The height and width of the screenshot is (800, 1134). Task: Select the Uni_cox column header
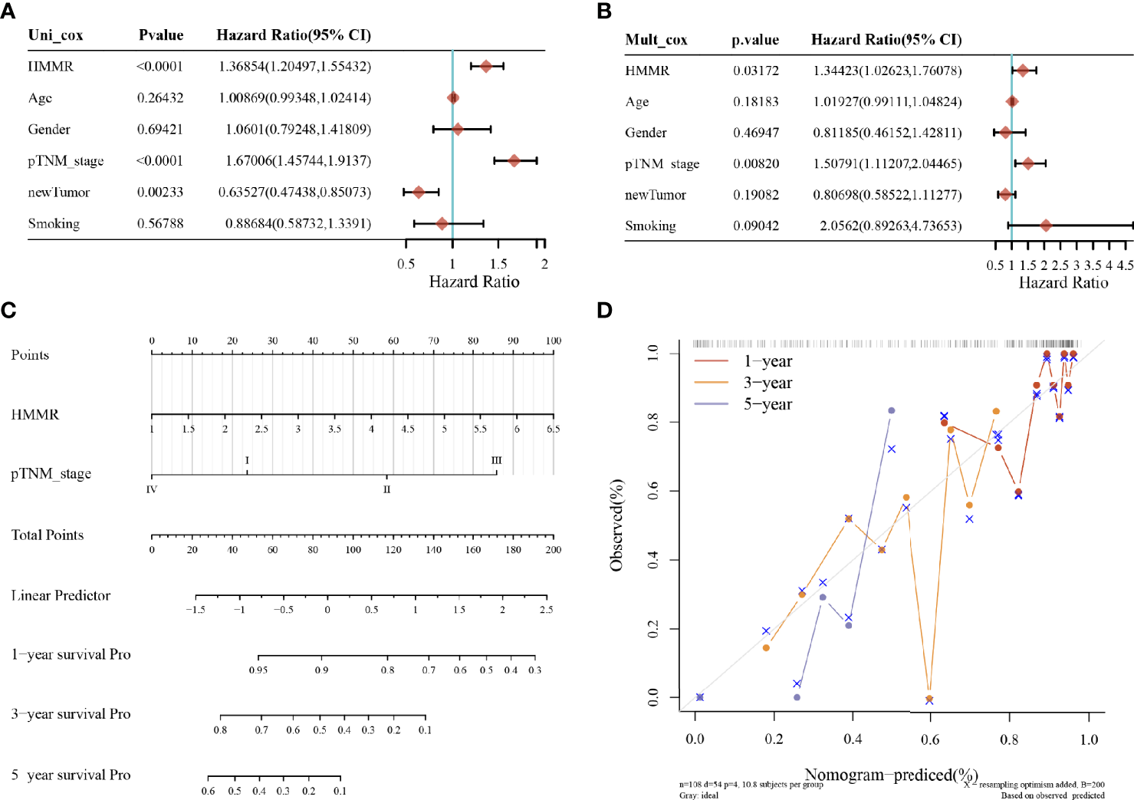tap(55, 35)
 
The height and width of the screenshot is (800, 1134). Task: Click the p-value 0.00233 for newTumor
tap(160, 193)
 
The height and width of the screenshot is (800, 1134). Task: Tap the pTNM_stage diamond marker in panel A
tap(514, 160)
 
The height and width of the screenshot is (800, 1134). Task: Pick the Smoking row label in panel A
tap(54, 224)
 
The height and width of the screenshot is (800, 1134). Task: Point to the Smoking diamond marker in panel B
tap(1046, 226)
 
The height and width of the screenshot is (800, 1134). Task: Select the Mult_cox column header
tap(656, 40)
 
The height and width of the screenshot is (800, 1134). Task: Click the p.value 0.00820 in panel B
tap(755, 164)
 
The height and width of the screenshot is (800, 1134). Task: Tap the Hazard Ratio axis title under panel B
tap(1063, 283)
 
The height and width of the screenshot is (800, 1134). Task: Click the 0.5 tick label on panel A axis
tap(406, 264)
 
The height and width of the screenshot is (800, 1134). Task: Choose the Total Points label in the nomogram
tap(48, 535)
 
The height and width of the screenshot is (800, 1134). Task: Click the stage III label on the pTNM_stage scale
tap(496, 460)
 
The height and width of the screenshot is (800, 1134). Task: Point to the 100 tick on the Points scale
tap(553, 341)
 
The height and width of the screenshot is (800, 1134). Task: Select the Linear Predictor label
tap(61, 596)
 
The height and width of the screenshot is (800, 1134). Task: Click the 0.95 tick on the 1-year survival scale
tap(258, 670)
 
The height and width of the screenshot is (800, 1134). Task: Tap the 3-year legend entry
tap(767, 383)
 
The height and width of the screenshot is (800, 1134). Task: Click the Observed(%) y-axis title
tap(616, 525)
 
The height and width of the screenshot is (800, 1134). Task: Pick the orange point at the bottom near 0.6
tap(929, 698)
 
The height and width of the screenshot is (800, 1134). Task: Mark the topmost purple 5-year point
tap(891, 410)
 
